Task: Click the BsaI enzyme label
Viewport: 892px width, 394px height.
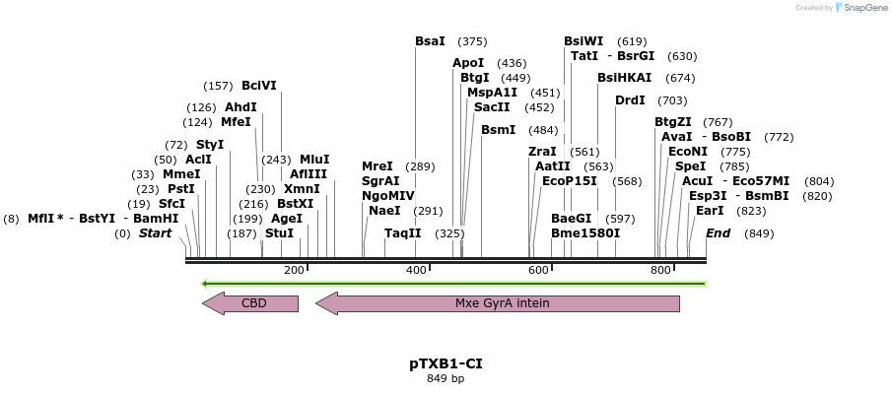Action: pos(430,41)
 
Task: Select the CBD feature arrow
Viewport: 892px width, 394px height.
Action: pos(250,303)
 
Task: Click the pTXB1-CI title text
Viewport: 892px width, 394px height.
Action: pos(446,363)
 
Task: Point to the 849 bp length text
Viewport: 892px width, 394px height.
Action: pos(446,378)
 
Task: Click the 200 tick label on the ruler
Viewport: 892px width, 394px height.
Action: pos(294,270)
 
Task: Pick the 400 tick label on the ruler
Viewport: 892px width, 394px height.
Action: pos(416,270)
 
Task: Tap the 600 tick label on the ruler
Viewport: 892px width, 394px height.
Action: pos(538,270)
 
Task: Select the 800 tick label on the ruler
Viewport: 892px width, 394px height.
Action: pos(660,270)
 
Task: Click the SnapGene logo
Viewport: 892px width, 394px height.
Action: pos(859,8)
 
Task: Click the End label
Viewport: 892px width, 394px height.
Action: pos(719,233)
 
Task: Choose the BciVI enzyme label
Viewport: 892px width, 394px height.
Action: pos(259,86)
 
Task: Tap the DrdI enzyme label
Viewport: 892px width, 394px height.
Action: pos(630,100)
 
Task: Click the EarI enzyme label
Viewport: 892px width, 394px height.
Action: pos(710,210)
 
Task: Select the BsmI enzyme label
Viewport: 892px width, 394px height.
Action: pos(498,130)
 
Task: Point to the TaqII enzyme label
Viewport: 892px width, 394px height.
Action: pos(402,233)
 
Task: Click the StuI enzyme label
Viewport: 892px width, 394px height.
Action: pos(280,233)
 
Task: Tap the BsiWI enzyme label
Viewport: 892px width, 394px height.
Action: pos(583,41)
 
